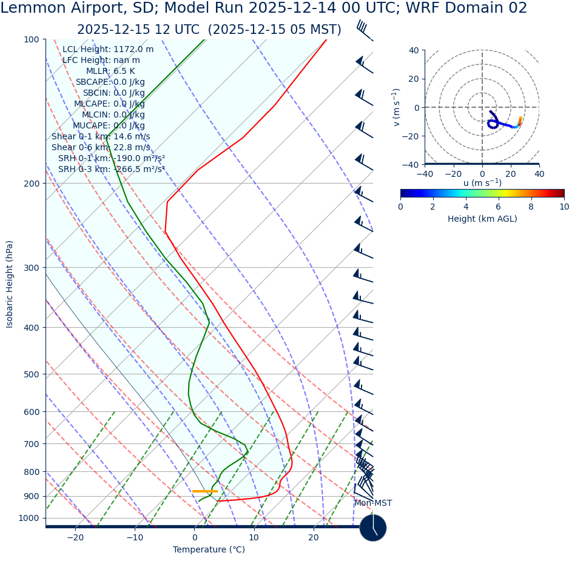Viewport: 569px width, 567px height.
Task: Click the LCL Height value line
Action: tap(108, 50)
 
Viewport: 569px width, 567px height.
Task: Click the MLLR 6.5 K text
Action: tap(110, 71)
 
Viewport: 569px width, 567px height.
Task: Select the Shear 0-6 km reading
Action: tap(101, 148)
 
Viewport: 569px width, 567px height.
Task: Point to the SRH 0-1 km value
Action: tap(112, 159)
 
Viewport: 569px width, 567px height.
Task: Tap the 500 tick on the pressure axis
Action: tap(31, 374)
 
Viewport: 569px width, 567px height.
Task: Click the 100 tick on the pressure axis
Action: tap(31, 40)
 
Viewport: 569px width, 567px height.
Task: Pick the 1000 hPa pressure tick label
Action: tap(29, 519)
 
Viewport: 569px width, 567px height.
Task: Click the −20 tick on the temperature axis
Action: tap(75, 538)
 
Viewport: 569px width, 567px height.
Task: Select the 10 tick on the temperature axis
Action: tap(254, 538)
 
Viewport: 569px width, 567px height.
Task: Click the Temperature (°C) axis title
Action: tap(209, 550)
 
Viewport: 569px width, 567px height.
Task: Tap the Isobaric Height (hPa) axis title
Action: tap(10, 284)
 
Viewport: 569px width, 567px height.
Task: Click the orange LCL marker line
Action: tap(204, 491)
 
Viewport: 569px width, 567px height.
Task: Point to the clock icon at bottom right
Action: tap(372, 528)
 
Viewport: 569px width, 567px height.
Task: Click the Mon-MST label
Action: tap(373, 503)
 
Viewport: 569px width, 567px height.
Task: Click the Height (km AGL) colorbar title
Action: tap(482, 219)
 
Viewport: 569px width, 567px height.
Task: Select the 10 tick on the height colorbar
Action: tap(564, 207)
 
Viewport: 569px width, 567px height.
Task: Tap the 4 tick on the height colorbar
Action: tap(466, 207)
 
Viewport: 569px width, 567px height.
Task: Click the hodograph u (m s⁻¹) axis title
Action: tap(482, 183)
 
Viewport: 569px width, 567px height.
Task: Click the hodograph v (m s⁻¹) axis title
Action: tap(396, 107)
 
